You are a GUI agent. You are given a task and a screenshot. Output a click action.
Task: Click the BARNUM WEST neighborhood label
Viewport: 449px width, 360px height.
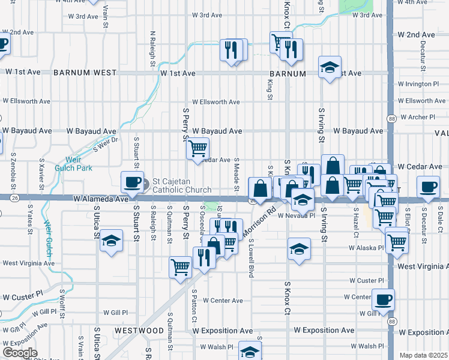pyautogui.click(x=85, y=73)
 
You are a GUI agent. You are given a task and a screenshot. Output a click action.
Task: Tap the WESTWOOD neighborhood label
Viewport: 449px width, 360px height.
pyautogui.click(x=139, y=331)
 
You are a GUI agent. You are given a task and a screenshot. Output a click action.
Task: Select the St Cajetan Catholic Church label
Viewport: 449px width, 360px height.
pyautogui.click(x=181, y=185)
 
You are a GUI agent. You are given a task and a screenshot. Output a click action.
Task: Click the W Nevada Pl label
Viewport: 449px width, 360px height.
pyautogui.click(x=296, y=216)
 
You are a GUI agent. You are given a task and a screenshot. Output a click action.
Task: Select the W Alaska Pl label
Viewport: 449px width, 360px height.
pyautogui.click(x=366, y=247)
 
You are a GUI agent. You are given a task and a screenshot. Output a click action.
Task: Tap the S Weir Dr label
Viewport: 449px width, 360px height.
pyautogui.click(x=106, y=142)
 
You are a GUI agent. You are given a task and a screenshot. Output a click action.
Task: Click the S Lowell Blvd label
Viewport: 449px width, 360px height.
pyautogui.click(x=251, y=257)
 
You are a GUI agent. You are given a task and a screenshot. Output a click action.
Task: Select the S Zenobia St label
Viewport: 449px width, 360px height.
pyautogui.click(x=13, y=169)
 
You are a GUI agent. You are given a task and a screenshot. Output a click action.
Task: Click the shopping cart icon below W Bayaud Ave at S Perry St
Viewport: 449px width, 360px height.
pyautogui.click(x=197, y=148)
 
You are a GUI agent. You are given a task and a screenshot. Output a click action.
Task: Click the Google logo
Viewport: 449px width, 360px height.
pyautogui.click(x=20, y=353)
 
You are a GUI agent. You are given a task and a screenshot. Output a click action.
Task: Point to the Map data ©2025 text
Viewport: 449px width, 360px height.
pyautogui.click(x=424, y=355)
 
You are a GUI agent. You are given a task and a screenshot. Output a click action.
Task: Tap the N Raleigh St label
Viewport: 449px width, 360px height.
pyautogui.click(x=153, y=49)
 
